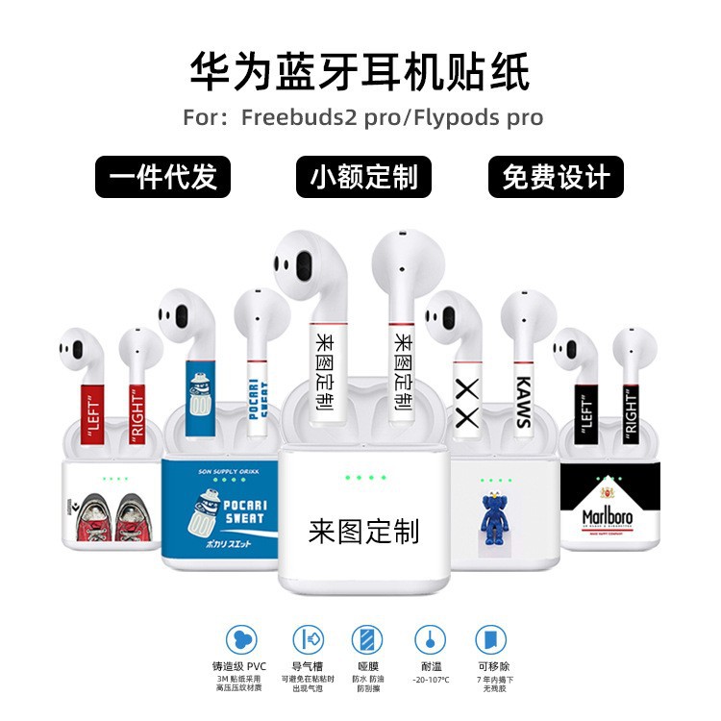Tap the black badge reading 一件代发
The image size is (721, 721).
(163, 177)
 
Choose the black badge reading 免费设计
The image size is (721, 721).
(556, 177)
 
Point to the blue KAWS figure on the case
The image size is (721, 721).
(495, 525)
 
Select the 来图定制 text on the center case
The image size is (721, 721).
(363, 531)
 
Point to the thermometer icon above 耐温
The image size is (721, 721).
(429, 639)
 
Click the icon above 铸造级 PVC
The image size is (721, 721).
(241, 639)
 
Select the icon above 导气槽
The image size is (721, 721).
(305, 639)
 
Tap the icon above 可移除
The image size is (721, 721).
(490, 639)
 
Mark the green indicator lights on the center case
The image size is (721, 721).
(363, 478)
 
